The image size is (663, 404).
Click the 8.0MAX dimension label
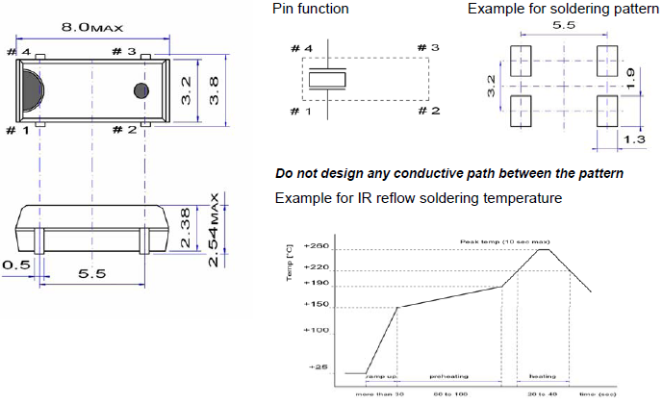(91, 29)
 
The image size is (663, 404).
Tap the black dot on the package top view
(140, 90)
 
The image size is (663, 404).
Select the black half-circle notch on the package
(32, 90)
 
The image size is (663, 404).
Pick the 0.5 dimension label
(14, 264)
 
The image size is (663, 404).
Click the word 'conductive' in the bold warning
(423, 174)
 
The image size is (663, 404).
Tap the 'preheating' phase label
(448, 377)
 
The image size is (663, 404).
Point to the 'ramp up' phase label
(382, 377)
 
